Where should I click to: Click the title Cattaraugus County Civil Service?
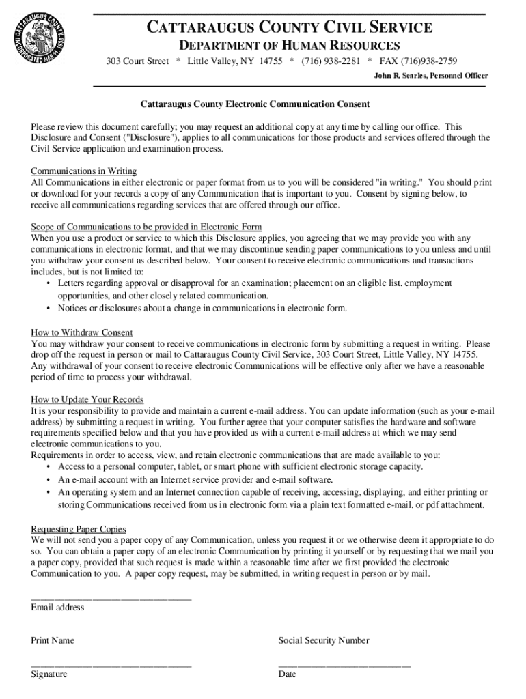(x=290, y=28)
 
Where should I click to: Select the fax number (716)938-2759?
(x=429, y=61)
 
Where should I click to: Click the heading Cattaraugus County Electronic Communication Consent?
(x=255, y=104)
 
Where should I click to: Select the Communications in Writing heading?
(x=84, y=171)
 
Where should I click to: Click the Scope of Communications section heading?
(x=146, y=227)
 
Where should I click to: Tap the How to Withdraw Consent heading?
(x=82, y=332)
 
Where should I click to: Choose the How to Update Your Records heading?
(x=87, y=399)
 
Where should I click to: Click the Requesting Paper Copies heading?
(x=79, y=529)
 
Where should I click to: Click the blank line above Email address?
(x=111, y=598)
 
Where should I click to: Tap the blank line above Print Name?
(x=111, y=631)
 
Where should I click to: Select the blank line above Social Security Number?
(x=344, y=631)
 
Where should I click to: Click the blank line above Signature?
(x=111, y=665)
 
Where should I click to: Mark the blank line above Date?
(x=344, y=665)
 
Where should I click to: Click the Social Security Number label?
(x=324, y=640)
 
